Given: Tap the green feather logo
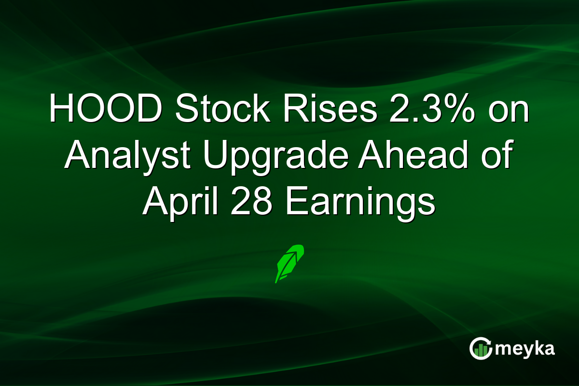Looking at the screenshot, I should [x=289, y=263].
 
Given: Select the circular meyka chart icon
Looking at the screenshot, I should [x=481, y=349].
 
